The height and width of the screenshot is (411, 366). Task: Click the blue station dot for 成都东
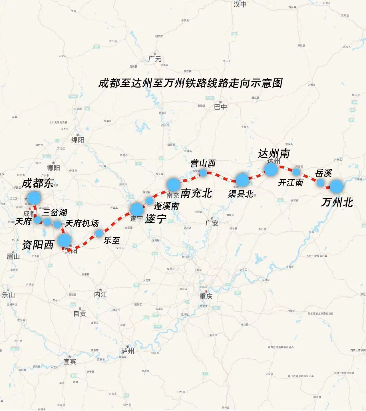point(34,198)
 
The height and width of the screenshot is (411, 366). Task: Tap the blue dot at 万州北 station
point(336,186)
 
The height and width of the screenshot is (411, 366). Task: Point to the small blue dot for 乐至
point(99,233)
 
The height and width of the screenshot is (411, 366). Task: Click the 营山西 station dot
point(203,173)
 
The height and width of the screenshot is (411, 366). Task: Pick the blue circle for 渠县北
point(242,180)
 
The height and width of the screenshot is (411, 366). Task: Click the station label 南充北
point(196,194)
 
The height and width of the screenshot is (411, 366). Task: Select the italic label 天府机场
point(82,223)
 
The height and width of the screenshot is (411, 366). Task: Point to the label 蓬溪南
point(166,206)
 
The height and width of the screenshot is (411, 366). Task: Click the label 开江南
point(291,183)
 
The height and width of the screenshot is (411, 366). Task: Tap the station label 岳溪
point(323,173)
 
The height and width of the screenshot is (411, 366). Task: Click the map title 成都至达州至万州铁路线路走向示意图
point(190,83)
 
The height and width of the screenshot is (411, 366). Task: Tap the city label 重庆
point(206,296)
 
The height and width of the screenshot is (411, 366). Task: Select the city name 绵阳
point(78,140)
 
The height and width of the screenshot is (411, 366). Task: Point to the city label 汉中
point(240,4)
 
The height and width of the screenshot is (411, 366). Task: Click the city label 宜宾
point(70,362)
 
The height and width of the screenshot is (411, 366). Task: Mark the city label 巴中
point(220,107)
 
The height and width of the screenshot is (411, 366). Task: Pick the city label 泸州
point(127,351)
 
